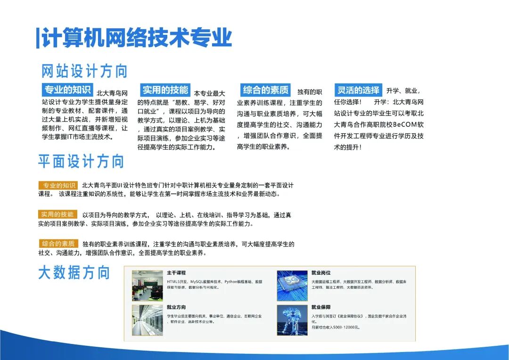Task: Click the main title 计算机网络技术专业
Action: (x=137, y=38)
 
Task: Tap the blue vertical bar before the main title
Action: (x=38, y=38)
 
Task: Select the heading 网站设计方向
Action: (x=85, y=71)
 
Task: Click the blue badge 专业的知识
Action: (x=67, y=90)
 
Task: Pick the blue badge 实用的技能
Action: (x=165, y=90)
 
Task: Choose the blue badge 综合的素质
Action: (x=265, y=90)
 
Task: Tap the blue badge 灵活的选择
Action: (x=358, y=90)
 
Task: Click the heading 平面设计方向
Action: (x=81, y=161)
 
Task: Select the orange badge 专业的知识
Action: (x=58, y=185)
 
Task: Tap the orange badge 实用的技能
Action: (x=58, y=214)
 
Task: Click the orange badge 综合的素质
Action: (x=58, y=244)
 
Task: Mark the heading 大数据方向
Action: (x=74, y=273)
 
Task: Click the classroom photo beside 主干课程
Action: (x=147, y=285)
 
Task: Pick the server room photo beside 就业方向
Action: (x=147, y=320)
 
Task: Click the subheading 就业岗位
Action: (x=321, y=273)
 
